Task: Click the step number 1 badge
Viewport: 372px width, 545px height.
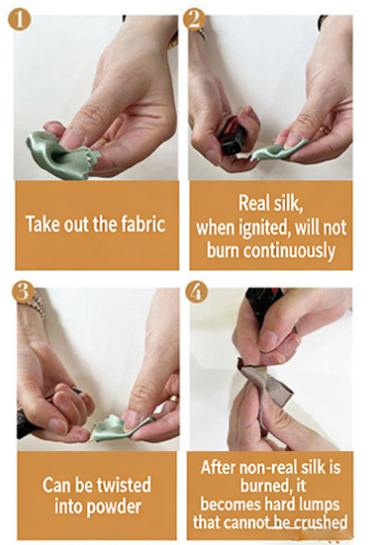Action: pos(20,19)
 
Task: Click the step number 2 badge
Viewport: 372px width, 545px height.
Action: pos(194,19)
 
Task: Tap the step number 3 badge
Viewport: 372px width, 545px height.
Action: pos(23,292)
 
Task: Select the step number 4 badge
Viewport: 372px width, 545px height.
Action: pos(197,292)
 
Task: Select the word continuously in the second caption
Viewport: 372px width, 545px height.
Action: pos(289,250)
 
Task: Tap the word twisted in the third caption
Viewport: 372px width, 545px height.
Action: pos(124,485)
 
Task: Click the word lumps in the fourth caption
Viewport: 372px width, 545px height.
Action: pos(318,504)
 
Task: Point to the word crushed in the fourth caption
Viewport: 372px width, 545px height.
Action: pos(322,522)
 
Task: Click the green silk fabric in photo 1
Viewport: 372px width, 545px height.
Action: pos(59,155)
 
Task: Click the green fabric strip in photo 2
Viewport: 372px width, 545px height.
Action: pos(278,151)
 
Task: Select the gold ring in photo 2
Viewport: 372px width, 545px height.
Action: pos(325,130)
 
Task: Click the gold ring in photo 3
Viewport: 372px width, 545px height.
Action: pos(174,399)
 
